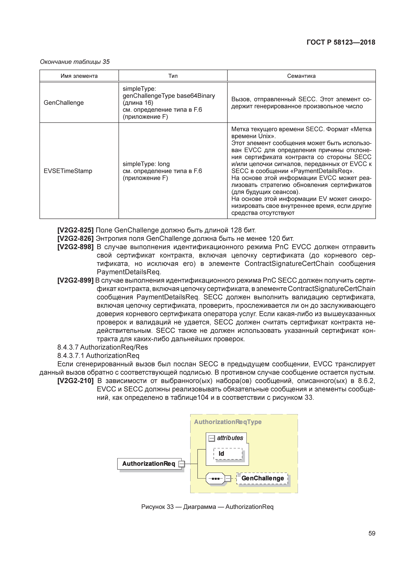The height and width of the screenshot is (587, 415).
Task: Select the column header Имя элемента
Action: (x=79, y=76)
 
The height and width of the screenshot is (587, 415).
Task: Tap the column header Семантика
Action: (x=301, y=76)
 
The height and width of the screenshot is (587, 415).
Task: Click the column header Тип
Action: (x=173, y=76)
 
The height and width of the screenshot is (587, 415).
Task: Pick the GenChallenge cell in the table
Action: (x=64, y=103)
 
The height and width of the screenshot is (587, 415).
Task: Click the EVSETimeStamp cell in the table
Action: (x=68, y=171)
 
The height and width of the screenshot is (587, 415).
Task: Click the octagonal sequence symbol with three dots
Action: (x=215, y=478)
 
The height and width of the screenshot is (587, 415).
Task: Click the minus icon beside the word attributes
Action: (x=212, y=438)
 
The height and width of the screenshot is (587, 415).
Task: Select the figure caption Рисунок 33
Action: (x=207, y=507)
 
